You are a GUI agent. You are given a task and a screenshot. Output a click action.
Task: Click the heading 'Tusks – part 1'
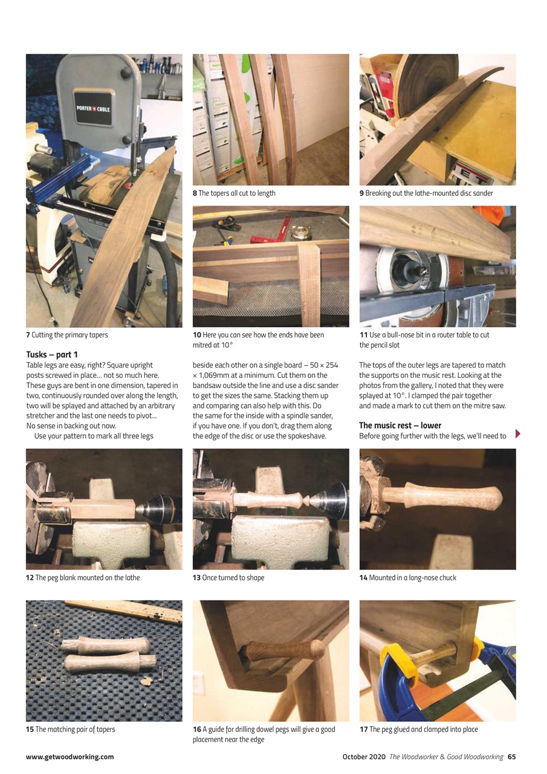pos(52,354)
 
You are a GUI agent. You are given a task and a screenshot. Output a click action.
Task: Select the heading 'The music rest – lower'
pos(400,425)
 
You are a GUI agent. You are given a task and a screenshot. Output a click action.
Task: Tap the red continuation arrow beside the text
pos(517,434)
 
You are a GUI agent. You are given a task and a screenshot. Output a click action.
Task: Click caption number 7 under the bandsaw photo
pos(28,335)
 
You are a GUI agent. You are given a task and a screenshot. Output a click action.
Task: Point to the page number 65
pos(511,756)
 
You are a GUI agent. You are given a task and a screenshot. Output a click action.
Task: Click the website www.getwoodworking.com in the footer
pos(70,756)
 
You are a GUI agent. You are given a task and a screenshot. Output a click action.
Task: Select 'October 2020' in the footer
pos(364,756)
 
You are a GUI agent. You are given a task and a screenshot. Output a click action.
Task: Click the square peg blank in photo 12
pos(102,508)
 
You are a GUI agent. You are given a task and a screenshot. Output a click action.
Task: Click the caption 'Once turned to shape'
pos(233,577)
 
